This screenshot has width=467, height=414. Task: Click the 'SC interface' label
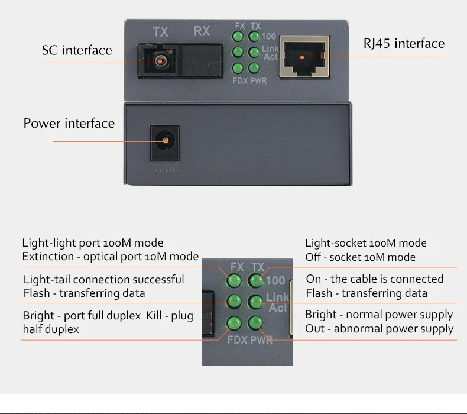pyautogui.click(x=77, y=50)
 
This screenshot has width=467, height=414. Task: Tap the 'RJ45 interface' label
pyautogui.click(x=404, y=43)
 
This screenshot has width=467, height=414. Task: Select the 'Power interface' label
pyautogui.click(x=69, y=124)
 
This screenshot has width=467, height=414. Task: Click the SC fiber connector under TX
pyautogui.click(x=159, y=59)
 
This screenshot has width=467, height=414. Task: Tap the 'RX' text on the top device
pyautogui.click(x=202, y=31)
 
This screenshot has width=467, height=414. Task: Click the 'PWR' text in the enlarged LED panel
pyautogui.click(x=261, y=341)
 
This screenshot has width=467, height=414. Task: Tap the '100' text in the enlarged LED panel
pyautogui.click(x=275, y=281)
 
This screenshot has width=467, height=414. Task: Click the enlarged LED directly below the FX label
pyautogui.click(x=235, y=280)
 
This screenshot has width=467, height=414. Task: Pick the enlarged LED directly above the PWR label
pyautogui.click(x=255, y=323)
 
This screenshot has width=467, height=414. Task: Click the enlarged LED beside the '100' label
pyautogui.click(x=255, y=280)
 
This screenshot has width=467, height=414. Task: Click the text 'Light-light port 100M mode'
pyautogui.click(x=93, y=243)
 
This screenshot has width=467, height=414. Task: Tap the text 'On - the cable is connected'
pyautogui.click(x=375, y=279)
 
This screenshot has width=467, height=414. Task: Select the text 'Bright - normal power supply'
pyautogui.click(x=379, y=315)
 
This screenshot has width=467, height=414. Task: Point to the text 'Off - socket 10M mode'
pyautogui.click(x=360, y=257)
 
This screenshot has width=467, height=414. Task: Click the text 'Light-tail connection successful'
pyautogui.click(x=104, y=279)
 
